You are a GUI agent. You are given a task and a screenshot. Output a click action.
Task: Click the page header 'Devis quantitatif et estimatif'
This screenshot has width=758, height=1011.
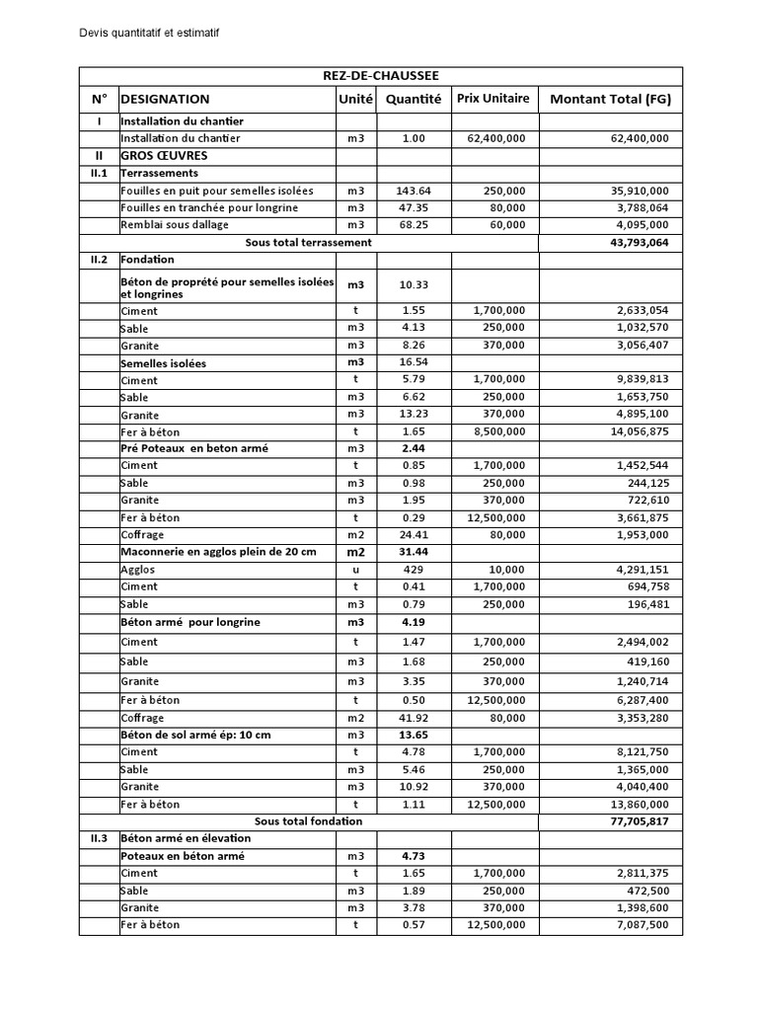(x=148, y=33)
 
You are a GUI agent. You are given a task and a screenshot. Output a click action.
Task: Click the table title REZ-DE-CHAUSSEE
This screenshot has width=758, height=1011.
(x=380, y=76)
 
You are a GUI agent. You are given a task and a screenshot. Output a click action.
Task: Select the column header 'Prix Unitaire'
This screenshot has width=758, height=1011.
(x=493, y=98)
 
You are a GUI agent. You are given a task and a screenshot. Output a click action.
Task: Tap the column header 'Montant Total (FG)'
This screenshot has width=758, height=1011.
(x=610, y=99)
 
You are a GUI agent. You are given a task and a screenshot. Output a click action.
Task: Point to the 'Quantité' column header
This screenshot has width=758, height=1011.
(x=413, y=99)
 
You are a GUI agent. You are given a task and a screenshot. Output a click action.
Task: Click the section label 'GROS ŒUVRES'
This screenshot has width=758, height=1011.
(x=163, y=156)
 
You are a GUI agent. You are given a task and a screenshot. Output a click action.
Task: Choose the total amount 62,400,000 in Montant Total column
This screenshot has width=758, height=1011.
(x=634, y=139)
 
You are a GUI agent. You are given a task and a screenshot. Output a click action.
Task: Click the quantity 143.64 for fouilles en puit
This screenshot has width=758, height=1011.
(x=413, y=191)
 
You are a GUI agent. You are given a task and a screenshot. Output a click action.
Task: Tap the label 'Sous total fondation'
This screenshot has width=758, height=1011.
(x=308, y=821)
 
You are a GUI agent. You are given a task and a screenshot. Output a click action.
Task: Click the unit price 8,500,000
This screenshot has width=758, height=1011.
(x=497, y=432)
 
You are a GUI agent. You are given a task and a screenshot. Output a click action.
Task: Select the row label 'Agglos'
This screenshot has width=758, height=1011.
(x=138, y=570)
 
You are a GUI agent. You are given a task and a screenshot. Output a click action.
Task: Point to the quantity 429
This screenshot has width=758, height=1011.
(x=413, y=570)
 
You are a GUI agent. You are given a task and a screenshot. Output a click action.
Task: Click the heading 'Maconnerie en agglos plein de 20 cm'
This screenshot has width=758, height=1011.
(x=217, y=551)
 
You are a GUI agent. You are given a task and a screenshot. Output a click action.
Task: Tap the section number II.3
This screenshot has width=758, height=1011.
(x=99, y=838)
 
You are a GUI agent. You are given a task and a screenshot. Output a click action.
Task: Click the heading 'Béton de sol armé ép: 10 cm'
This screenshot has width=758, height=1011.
(x=195, y=736)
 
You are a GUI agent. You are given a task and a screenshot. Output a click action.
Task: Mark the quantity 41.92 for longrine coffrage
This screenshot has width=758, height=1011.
(x=413, y=718)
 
